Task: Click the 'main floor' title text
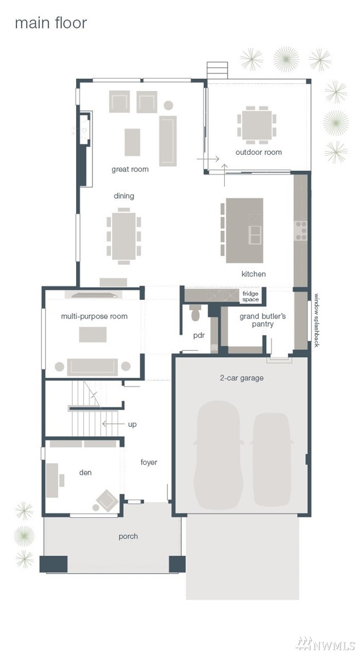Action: click(51, 23)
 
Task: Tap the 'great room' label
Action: click(130, 170)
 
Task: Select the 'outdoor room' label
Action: click(258, 152)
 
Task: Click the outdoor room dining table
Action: click(257, 125)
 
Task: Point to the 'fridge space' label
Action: click(251, 297)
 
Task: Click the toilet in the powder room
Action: click(195, 313)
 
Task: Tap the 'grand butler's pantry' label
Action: click(263, 320)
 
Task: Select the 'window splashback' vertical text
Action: click(316, 320)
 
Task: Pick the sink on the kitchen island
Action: click(255, 235)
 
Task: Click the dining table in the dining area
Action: click(124, 236)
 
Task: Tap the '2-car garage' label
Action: click(241, 378)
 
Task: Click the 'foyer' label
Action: click(149, 462)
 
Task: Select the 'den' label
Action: click(85, 472)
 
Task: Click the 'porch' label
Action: click(128, 536)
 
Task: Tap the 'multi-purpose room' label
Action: click(95, 316)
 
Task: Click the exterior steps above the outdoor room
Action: click(217, 70)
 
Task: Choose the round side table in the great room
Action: click(168, 105)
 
